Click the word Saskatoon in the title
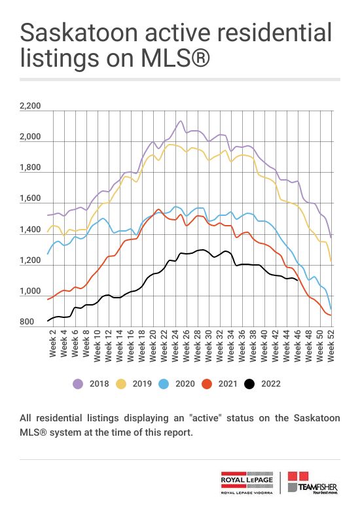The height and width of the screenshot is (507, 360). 79,33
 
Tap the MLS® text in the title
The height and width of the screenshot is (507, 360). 175,58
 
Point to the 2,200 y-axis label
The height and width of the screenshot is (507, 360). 30,106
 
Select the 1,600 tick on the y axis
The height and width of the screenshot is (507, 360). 30,198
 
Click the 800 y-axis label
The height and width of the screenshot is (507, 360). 27,322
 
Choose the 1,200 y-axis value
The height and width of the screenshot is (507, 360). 30,260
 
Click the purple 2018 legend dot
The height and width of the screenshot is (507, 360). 78,384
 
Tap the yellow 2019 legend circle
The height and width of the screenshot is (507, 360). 120,384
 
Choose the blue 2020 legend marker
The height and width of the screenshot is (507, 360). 164,384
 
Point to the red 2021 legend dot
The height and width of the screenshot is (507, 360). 207,384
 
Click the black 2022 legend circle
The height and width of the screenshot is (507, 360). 249,384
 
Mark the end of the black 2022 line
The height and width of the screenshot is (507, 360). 297,281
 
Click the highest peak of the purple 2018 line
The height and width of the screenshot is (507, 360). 180,121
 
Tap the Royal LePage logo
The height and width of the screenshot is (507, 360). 247,483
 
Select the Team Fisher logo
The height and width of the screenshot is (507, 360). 313,483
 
